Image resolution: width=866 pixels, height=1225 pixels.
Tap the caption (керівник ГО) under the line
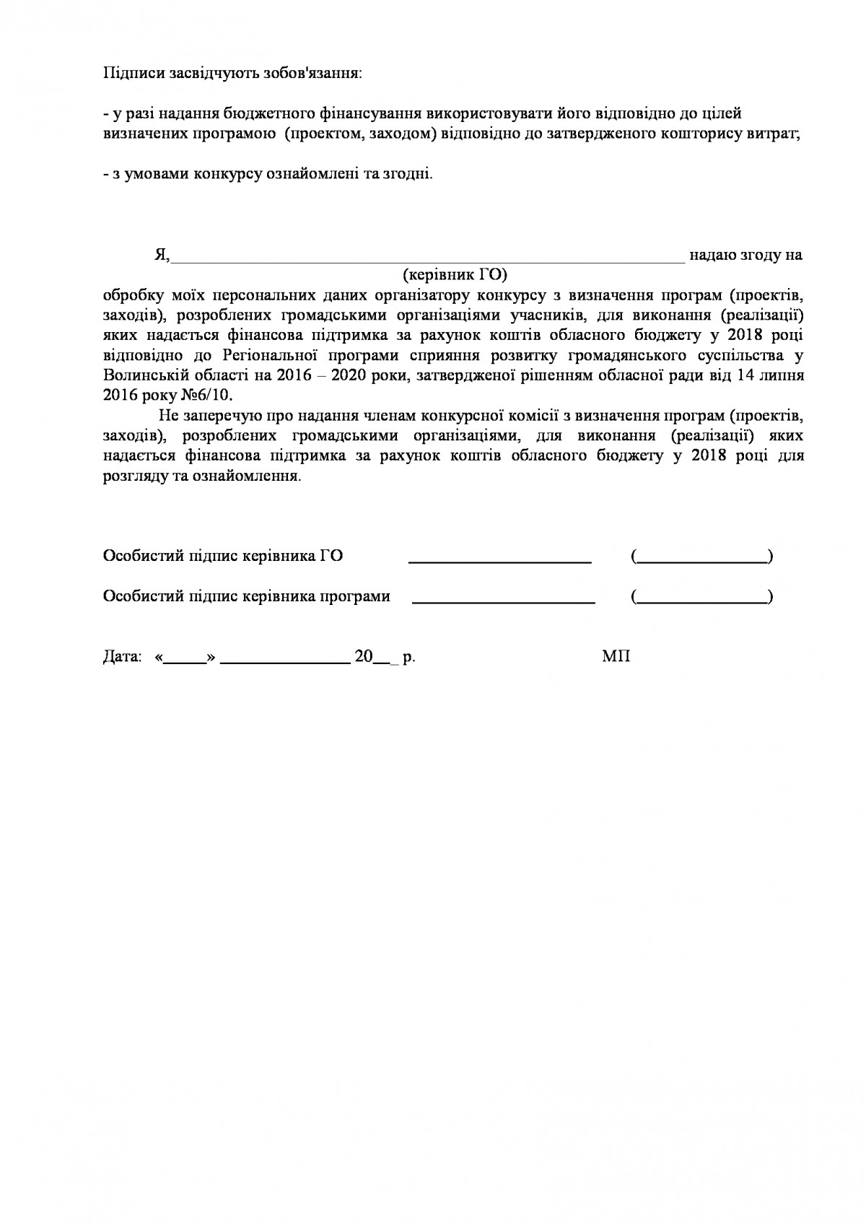pos(454,274)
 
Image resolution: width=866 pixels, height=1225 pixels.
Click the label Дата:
pos(122,658)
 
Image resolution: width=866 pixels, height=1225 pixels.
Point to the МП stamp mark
pos(616,657)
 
